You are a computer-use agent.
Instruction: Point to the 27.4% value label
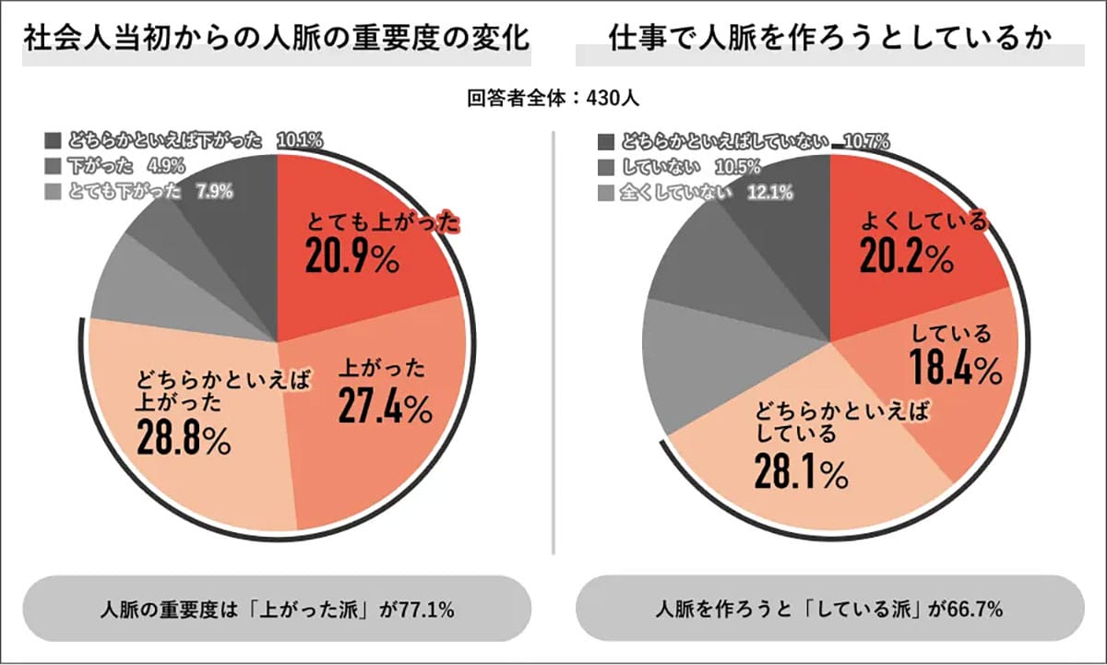pyautogui.click(x=384, y=405)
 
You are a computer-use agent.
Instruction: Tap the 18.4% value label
pyautogui.click(x=956, y=369)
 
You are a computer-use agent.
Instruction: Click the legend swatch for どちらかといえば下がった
pyautogui.click(x=53, y=141)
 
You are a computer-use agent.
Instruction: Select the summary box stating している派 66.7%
pyautogui.click(x=829, y=610)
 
